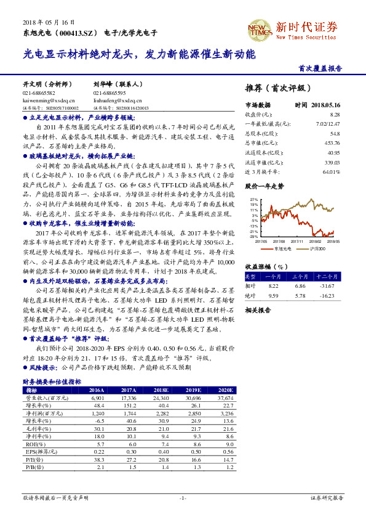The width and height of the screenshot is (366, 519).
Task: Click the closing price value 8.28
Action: click(x=335, y=115)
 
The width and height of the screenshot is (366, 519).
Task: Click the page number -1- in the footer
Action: click(x=183, y=497)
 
